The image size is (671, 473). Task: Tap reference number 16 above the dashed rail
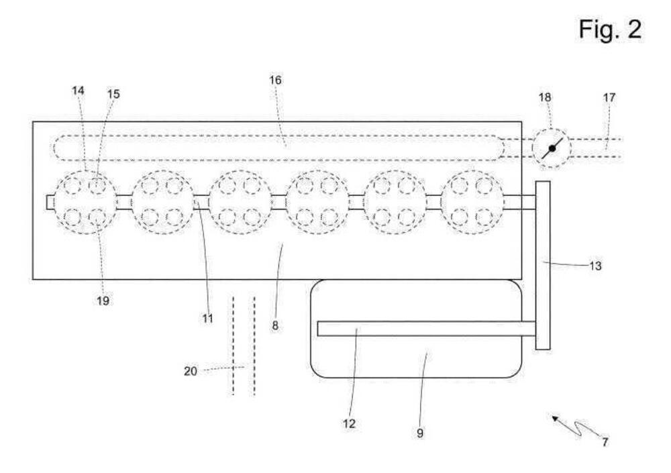click(x=276, y=81)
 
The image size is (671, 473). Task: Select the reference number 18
click(x=545, y=97)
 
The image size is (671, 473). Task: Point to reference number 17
click(x=609, y=97)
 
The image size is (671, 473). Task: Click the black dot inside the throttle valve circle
click(x=552, y=148)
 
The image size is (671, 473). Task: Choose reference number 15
click(x=113, y=95)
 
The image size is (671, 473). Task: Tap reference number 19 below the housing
click(x=102, y=301)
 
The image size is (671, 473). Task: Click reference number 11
click(x=208, y=319)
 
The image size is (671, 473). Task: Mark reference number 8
click(x=275, y=326)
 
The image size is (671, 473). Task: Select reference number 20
click(x=191, y=370)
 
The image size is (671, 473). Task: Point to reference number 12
click(x=350, y=423)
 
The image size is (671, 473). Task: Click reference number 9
click(x=420, y=433)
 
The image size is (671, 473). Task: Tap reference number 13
click(x=595, y=266)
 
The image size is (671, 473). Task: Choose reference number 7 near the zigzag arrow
click(x=605, y=442)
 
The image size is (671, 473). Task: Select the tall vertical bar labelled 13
click(x=543, y=265)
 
